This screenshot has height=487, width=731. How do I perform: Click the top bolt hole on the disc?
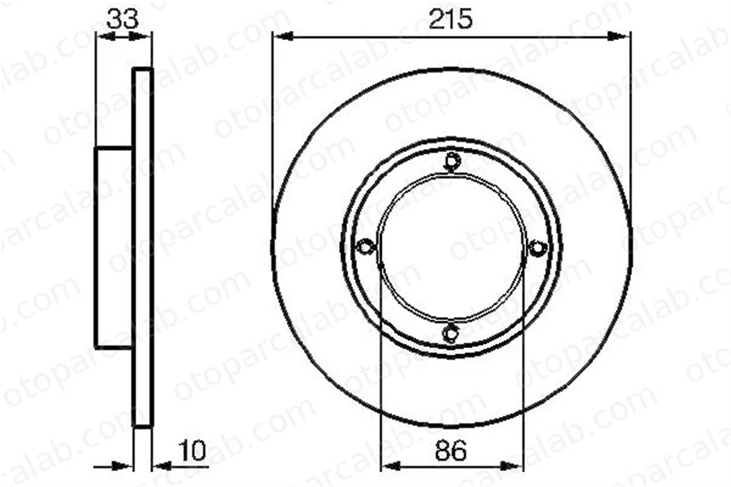pyautogui.click(x=452, y=161)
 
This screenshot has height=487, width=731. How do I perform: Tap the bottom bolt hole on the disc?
pyautogui.click(x=451, y=333)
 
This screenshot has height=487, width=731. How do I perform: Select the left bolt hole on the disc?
pyautogui.click(x=365, y=247)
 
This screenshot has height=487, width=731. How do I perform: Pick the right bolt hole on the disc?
pyautogui.click(x=537, y=248)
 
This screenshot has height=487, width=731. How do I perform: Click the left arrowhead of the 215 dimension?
pyautogui.click(x=283, y=36)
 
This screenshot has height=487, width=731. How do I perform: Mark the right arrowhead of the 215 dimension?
pyautogui.click(x=618, y=36)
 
